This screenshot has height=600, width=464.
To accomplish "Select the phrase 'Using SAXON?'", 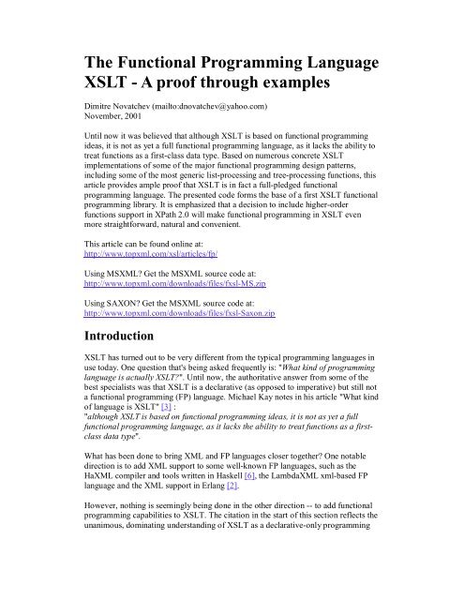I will coord(110,344).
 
